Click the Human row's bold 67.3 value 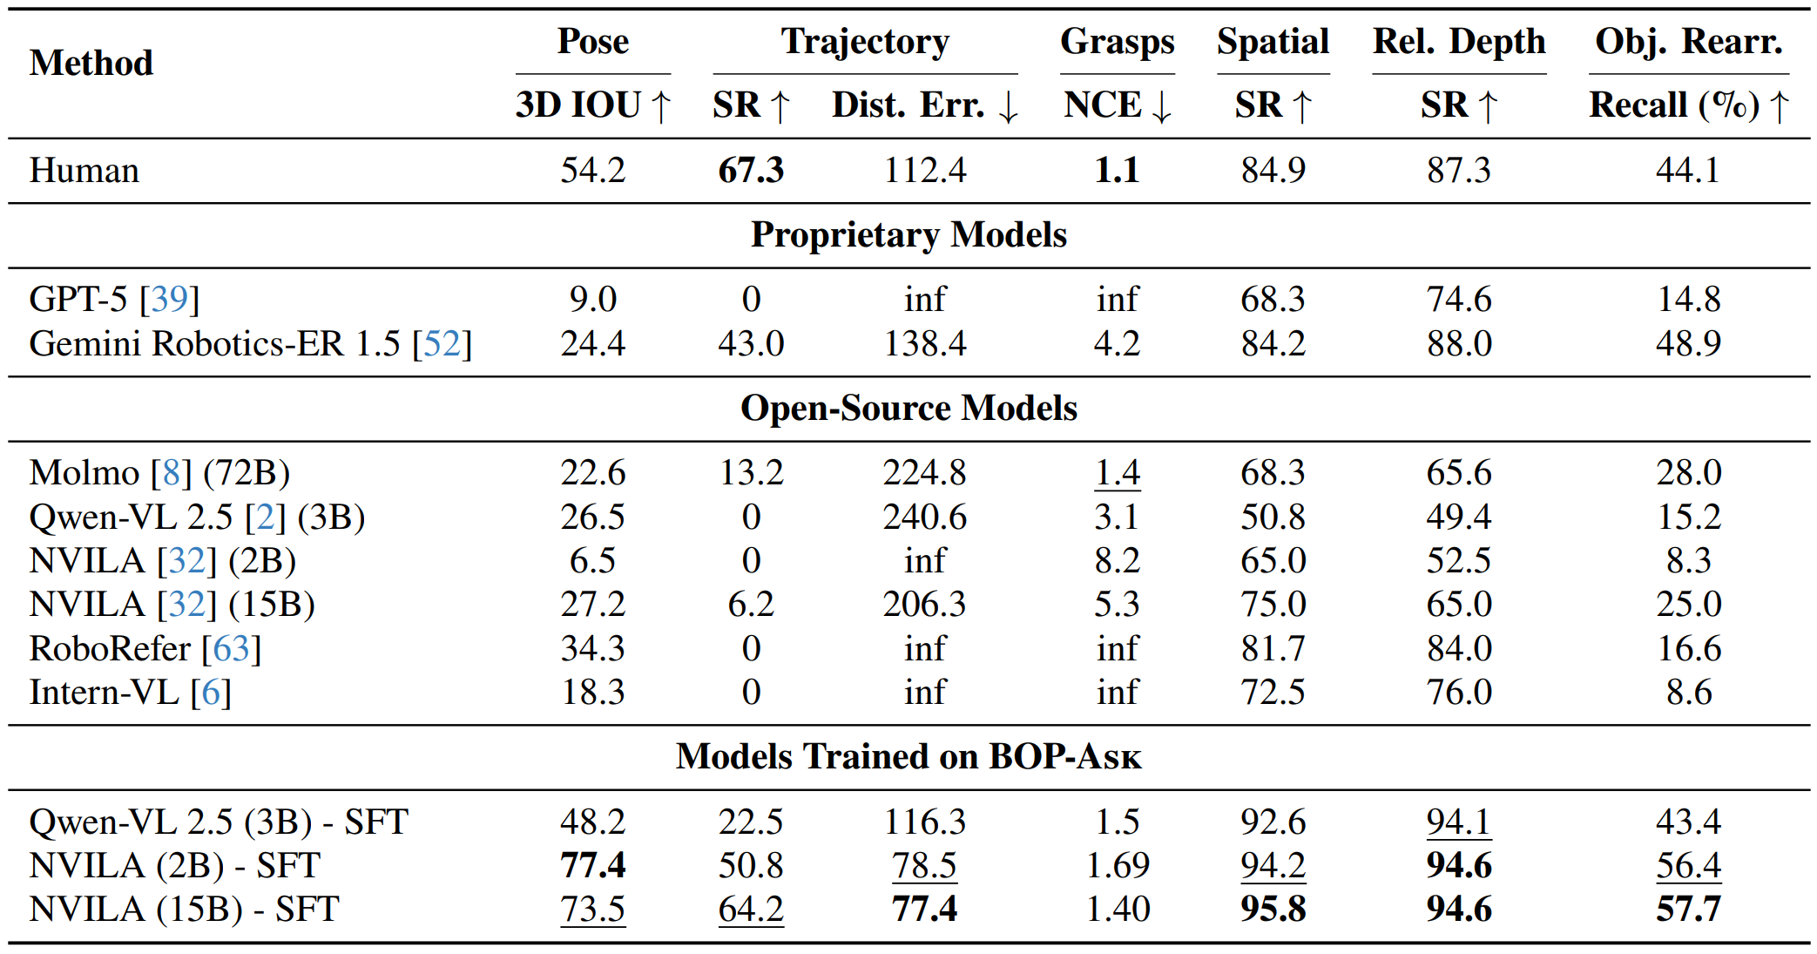pyautogui.click(x=750, y=170)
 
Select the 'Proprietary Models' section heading pyautogui.click(x=908, y=235)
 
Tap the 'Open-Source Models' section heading pyautogui.click(x=908, y=409)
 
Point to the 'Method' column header pyautogui.click(x=91, y=64)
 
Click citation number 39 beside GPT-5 pyautogui.click(x=169, y=300)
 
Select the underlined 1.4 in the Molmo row pyautogui.click(x=1117, y=473)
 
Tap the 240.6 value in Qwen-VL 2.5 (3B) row pyautogui.click(x=924, y=518)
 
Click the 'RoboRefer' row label pyautogui.click(x=110, y=649)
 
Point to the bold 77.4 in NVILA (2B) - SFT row pyautogui.click(x=592, y=866)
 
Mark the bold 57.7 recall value pyautogui.click(x=1687, y=910)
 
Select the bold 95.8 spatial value pyautogui.click(x=1273, y=910)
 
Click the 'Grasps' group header pyautogui.click(x=1117, y=42)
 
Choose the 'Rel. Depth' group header pyautogui.click(x=1458, y=42)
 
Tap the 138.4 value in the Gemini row pyautogui.click(x=924, y=343)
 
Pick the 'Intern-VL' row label pyautogui.click(x=104, y=693)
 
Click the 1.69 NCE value pyautogui.click(x=1117, y=866)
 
